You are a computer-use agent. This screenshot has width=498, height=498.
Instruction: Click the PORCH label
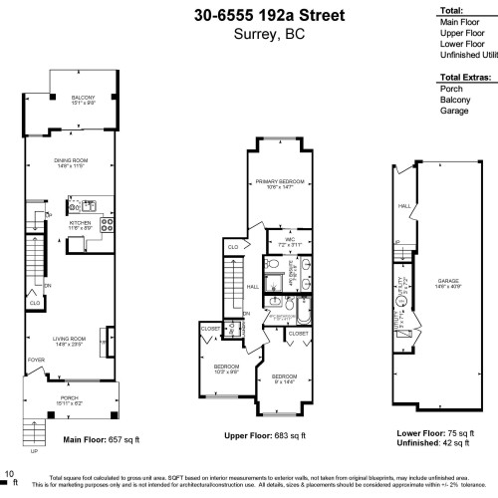pos(69,400)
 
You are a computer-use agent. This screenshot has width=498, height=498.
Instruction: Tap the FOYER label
pos(36,362)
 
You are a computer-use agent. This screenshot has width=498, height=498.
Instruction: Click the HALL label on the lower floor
pos(404,206)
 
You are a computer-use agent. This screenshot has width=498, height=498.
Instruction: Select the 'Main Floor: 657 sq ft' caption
pos(102,439)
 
